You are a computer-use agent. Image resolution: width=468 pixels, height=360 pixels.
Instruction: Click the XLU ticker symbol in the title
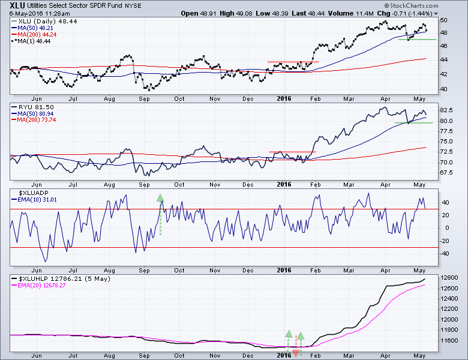[x=17, y=5]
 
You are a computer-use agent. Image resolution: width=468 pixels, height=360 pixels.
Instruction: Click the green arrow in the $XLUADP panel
[x=160, y=199]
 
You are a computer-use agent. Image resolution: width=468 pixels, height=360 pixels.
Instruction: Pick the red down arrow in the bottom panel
[x=296, y=353]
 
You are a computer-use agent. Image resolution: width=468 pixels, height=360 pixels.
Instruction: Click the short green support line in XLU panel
[x=417, y=39]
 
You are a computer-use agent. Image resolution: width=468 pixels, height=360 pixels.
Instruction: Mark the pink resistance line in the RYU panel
[x=293, y=152]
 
